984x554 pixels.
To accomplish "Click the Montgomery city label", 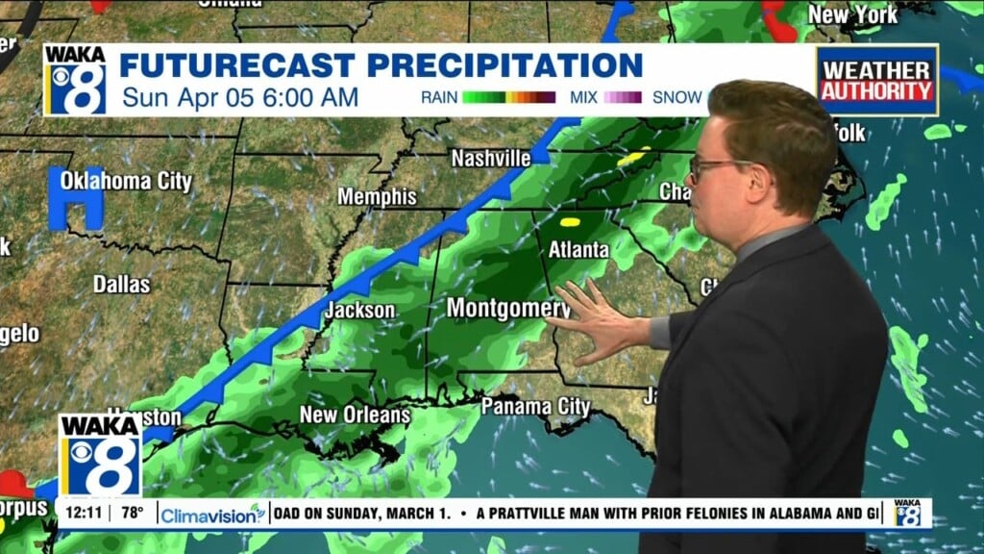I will pos(508,308).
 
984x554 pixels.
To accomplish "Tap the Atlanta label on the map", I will pos(578,249).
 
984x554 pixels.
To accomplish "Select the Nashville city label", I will pos(490,158).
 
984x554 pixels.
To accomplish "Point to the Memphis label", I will pos(377,196).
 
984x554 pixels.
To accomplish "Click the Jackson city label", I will pos(359,310).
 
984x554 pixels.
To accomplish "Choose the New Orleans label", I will pos(355,415).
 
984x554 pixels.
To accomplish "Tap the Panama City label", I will pos(535,406).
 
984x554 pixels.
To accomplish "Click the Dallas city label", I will pos(122,284).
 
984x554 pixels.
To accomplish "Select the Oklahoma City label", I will pos(126,181).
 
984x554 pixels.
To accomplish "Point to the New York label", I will pos(852,14).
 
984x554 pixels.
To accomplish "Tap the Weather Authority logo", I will pos(875,81).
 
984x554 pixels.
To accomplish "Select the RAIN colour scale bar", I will pos(508,97).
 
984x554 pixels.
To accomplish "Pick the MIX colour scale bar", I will pos(622,97).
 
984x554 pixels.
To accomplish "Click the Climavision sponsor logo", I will pos(212,515).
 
